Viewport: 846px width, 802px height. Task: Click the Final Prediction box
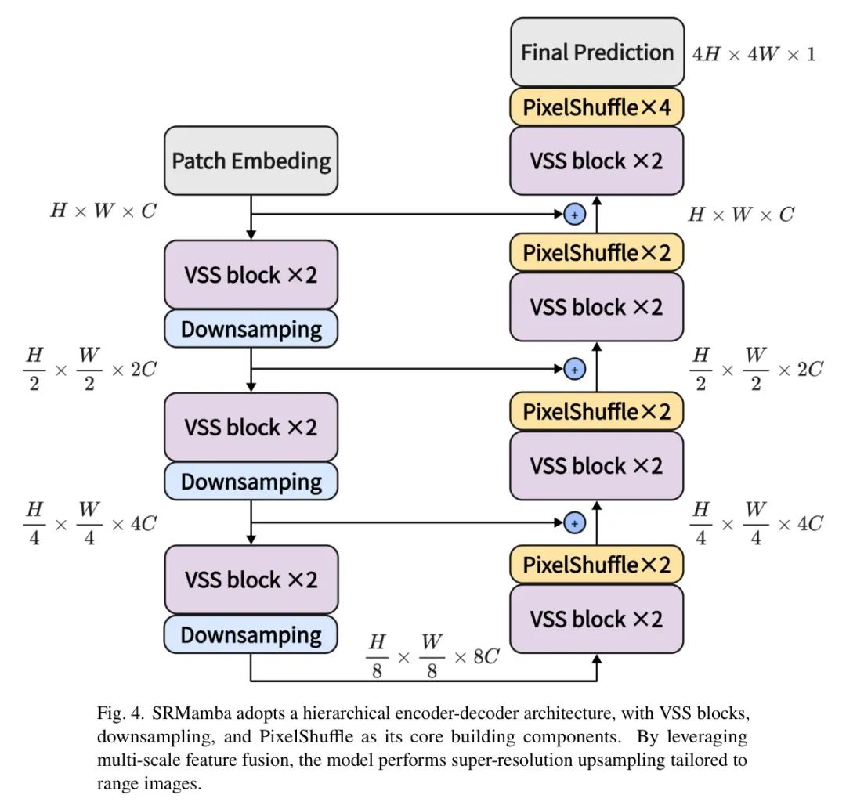pos(597,52)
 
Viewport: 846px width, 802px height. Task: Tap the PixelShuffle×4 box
pos(597,107)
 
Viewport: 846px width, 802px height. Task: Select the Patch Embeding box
pos(251,161)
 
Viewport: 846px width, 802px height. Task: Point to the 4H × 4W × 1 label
pos(754,54)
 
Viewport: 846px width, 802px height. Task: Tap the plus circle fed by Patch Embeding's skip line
pos(574,213)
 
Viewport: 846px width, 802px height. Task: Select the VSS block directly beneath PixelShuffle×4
pos(597,161)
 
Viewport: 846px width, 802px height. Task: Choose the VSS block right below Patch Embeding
pos(251,275)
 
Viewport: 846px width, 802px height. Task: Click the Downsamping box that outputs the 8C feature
pos(251,634)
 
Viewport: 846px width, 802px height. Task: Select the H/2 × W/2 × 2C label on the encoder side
pos(89,368)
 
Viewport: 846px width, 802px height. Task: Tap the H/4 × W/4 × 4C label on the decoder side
pos(756,523)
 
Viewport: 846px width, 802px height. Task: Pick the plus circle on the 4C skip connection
pos(574,522)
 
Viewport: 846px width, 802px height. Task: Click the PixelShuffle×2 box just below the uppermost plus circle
pos(597,252)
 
